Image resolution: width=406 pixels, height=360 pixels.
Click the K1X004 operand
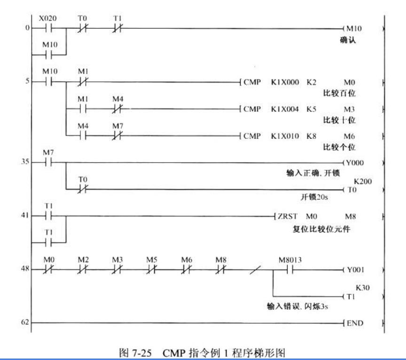[281, 110]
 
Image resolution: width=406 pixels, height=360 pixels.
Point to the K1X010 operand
[281, 137]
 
